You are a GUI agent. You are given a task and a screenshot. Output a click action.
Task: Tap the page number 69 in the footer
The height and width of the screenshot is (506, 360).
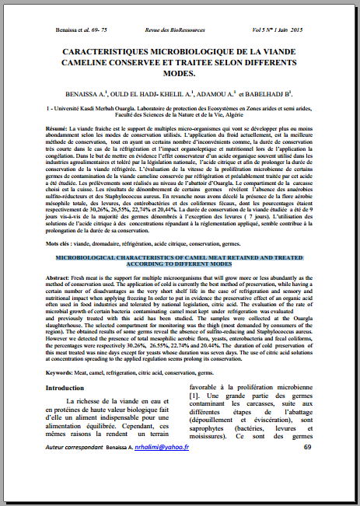(308, 469)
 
